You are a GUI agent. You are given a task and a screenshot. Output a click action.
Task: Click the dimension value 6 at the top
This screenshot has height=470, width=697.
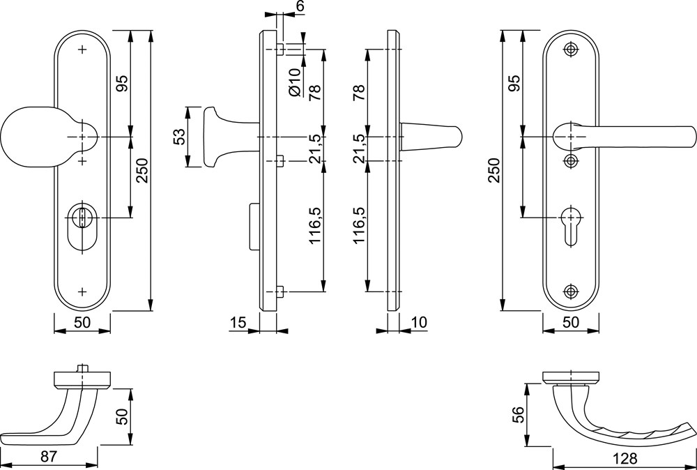(300, 6)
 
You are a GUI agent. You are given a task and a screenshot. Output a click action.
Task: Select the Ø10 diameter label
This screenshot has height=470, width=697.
(295, 82)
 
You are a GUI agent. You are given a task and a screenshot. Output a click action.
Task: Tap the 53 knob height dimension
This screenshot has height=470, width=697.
(178, 137)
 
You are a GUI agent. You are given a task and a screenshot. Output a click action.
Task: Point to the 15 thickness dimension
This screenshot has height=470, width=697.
(238, 322)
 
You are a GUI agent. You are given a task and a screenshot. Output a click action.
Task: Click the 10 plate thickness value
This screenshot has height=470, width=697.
(418, 322)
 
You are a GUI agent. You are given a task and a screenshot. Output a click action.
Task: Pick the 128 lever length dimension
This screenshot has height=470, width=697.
(624, 458)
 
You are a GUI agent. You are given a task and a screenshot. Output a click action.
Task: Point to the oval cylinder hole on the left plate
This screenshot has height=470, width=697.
(82, 227)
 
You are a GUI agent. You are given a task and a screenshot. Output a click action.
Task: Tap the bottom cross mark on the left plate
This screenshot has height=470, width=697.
(82, 291)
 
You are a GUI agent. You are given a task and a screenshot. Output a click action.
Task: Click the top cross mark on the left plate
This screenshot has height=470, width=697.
(82, 50)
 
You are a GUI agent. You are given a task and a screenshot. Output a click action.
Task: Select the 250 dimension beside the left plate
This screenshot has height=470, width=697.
(141, 171)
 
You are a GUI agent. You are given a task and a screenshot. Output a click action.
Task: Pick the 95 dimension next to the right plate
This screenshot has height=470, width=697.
(514, 83)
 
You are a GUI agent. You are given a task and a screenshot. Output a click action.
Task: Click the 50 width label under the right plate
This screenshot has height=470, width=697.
(571, 322)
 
